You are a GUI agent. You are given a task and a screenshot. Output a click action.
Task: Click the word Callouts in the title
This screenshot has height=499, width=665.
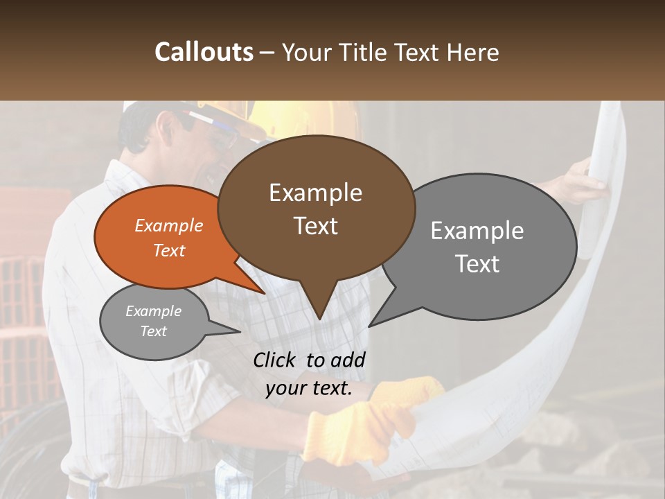pos(204,52)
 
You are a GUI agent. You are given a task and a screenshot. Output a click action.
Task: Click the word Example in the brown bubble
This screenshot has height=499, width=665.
pos(315,193)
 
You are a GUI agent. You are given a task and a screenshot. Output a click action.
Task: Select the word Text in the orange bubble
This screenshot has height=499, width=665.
pos(169,250)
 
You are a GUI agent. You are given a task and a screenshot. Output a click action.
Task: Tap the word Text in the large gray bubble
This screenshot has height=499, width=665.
pos(477,264)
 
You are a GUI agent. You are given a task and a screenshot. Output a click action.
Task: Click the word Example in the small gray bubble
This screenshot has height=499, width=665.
pos(153,311)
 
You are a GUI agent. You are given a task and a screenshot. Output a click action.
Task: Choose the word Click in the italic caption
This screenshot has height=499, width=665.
pos(276,360)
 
